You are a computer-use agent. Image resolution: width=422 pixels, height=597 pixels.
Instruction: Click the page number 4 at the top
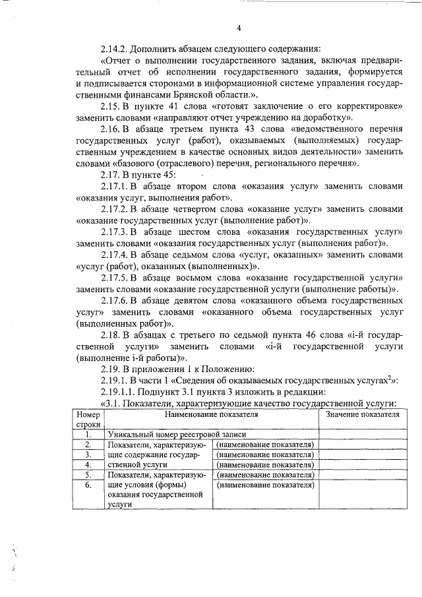click(239, 27)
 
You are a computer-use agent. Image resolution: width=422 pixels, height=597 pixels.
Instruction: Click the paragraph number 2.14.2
click(115, 49)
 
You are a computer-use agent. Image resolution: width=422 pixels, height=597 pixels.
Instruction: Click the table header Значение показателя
click(362, 414)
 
